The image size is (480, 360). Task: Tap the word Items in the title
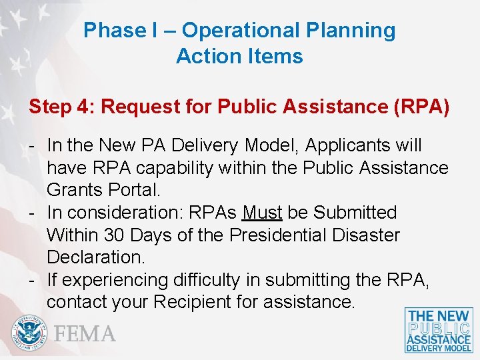[x=279, y=57]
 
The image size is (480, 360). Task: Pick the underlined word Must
[x=263, y=213]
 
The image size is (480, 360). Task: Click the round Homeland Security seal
[x=29, y=333]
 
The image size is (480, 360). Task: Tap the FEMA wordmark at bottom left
[x=85, y=333]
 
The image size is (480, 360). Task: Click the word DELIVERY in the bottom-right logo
[x=427, y=347]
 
